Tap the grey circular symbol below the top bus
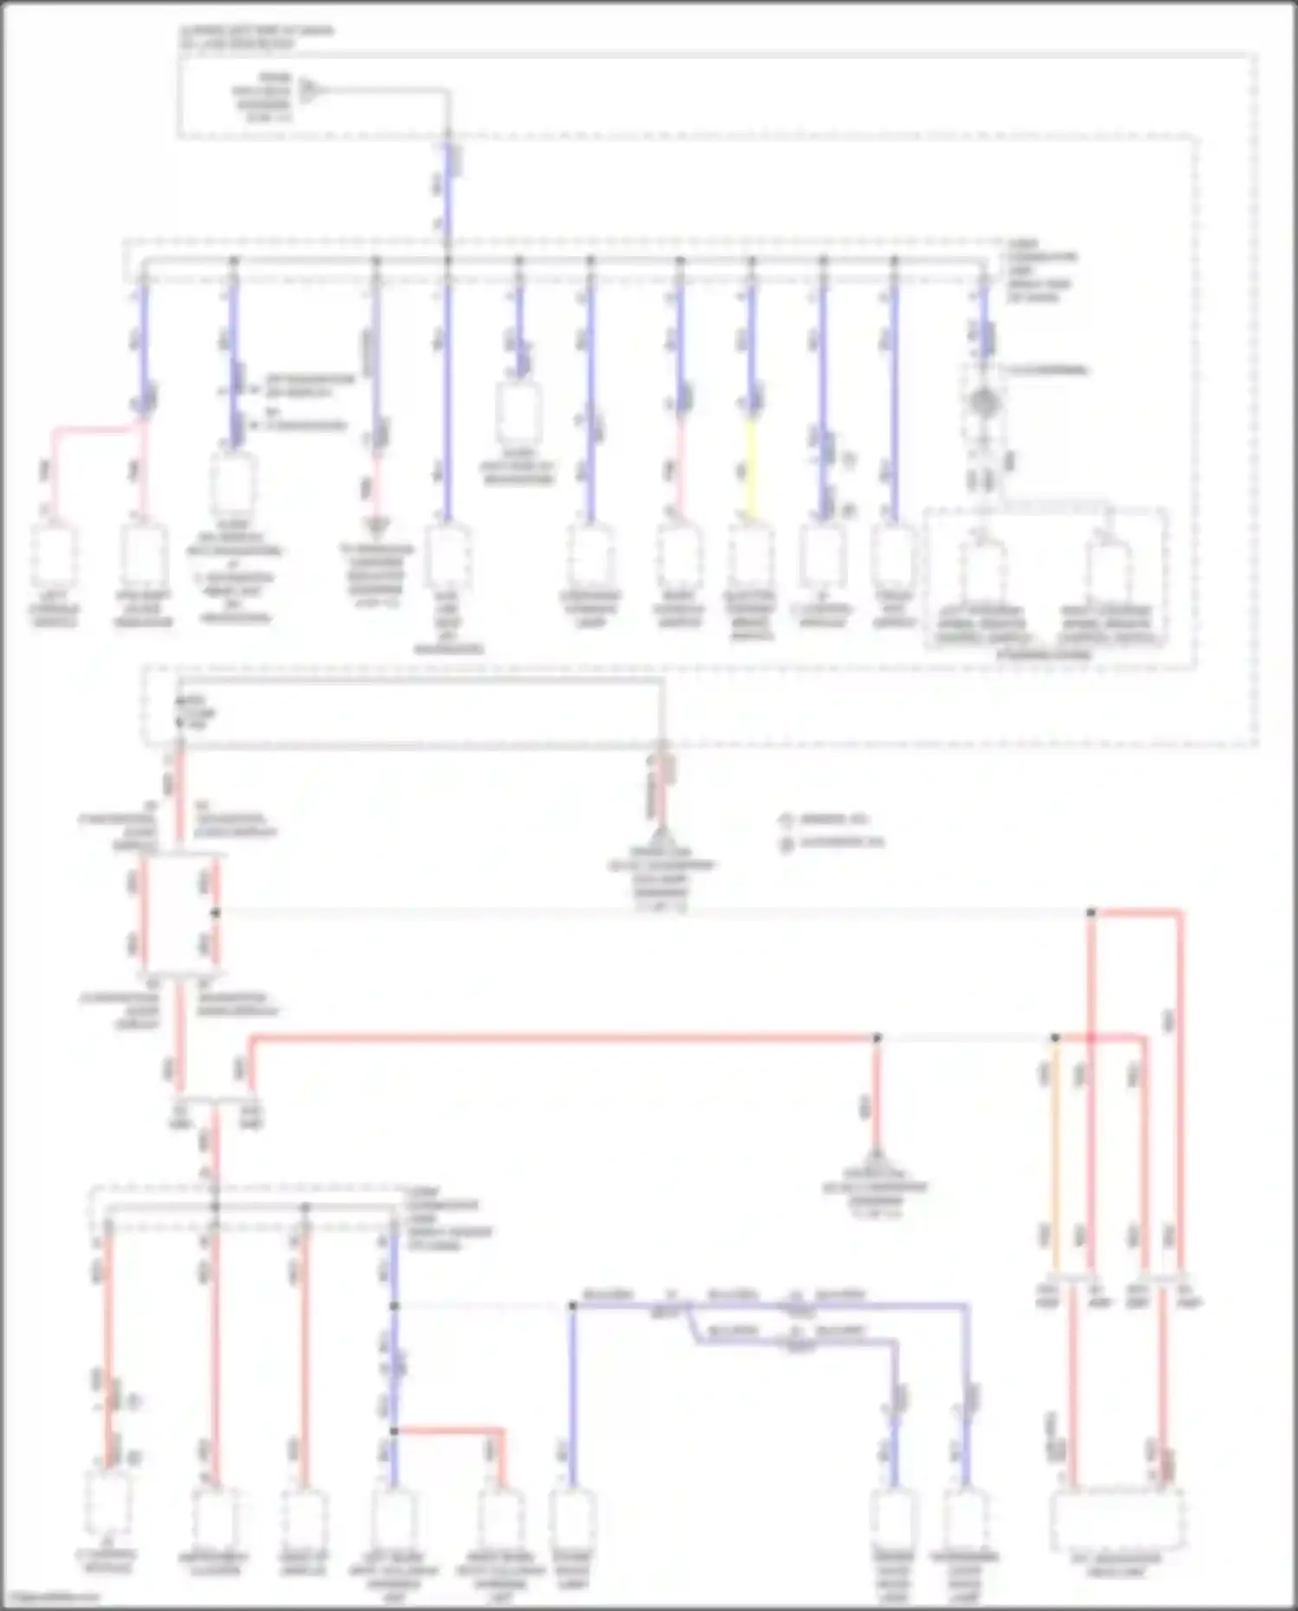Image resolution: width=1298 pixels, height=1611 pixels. (x=983, y=402)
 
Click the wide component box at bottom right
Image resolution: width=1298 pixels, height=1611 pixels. (x=1117, y=1521)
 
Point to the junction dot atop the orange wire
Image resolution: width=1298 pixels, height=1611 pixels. (x=1055, y=1037)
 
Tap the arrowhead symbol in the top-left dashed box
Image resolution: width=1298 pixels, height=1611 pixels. (x=306, y=89)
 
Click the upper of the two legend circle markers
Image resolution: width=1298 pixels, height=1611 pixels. (x=787, y=819)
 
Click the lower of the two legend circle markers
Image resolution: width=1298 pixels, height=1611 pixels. (x=787, y=842)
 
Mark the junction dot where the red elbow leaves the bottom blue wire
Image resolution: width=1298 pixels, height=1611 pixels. (x=395, y=1431)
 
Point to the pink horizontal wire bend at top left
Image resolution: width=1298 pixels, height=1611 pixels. (x=95, y=428)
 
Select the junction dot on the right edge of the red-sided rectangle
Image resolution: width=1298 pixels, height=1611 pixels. (x=216, y=912)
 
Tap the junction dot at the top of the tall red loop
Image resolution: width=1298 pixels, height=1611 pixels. (x=1091, y=912)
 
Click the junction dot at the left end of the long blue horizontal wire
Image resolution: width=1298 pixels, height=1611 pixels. (x=572, y=1305)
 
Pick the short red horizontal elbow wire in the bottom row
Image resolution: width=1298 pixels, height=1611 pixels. (x=448, y=1432)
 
